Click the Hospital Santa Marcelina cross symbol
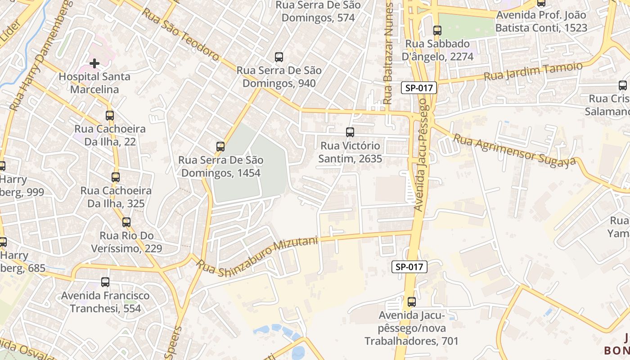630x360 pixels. (94, 63)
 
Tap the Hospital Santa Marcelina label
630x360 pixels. (94, 83)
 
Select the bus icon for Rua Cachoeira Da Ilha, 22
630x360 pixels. (110, 116)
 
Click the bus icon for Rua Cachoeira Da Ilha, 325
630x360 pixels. (116, 177)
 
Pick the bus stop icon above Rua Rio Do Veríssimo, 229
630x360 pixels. (126, 222)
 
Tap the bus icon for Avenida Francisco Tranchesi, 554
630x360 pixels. (105, 282)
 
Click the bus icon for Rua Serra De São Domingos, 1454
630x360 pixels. (220, 147)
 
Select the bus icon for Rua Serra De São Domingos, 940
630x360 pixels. (279, 57)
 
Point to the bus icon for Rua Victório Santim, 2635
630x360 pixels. (350, 132)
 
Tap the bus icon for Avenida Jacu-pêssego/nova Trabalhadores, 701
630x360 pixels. (412, 302)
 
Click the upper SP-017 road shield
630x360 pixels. (419, 88)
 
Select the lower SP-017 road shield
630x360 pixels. (409, 267)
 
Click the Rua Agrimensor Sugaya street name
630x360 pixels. (514, 151)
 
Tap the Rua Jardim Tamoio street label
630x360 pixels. (533, 72)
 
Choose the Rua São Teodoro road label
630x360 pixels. (180, 34)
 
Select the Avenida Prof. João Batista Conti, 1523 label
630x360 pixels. (541, 22)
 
